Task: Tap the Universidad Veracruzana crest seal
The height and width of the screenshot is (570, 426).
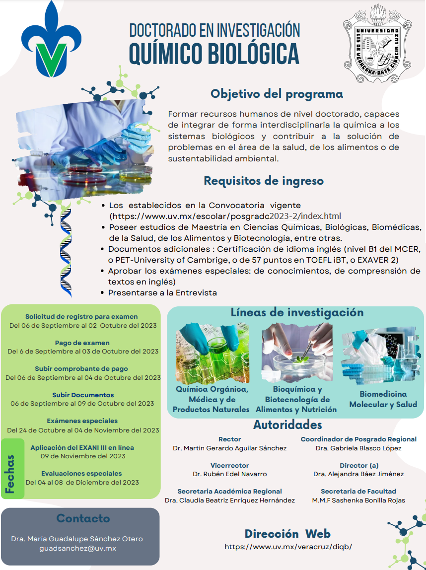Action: (378, 44)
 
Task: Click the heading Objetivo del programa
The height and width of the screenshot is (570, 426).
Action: (277, 93)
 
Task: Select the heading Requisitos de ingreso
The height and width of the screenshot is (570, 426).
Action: (264, 181)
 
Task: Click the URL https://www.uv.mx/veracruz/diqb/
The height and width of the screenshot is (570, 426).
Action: (288, 546)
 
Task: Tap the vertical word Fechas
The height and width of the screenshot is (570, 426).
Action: (10, 474)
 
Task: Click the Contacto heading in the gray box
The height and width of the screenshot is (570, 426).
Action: (83, 518)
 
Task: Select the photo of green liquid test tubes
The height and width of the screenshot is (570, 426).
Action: (213, 353)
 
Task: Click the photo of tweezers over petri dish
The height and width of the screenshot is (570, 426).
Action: (297, 353)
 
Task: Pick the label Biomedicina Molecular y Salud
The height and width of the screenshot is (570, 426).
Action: (383, 399)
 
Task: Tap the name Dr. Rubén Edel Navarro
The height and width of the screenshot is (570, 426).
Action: (230, 474)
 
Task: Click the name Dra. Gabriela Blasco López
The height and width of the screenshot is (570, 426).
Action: (358, 448)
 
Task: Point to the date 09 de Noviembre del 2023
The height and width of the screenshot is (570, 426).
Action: (83, 456)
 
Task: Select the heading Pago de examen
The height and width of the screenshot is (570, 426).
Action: (82, 343)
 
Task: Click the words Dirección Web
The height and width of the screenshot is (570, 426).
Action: (287, 534)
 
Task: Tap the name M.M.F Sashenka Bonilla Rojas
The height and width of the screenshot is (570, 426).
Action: (358, 500)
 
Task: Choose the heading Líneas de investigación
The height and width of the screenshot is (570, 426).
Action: (297, 312)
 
